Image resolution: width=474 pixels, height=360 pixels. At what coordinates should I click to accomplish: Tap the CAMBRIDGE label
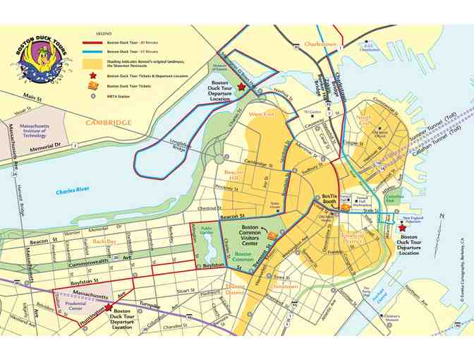(x=109, y=122)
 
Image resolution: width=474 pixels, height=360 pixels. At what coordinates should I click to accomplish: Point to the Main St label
(x=32, y=95)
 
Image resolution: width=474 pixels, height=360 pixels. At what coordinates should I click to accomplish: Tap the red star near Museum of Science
(x=241, y=86)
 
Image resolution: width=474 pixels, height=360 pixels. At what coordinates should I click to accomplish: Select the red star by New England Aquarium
(x=402, y=228)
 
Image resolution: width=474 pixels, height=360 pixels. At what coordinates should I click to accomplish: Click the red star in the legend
(x=92, y=75)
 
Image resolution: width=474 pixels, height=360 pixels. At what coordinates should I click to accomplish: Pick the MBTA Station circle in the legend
(x=92, y=95)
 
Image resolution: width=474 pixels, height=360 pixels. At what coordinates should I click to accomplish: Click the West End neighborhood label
(x=262, y=114)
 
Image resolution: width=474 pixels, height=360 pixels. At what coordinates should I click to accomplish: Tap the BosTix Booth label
(x=329, y=200)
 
